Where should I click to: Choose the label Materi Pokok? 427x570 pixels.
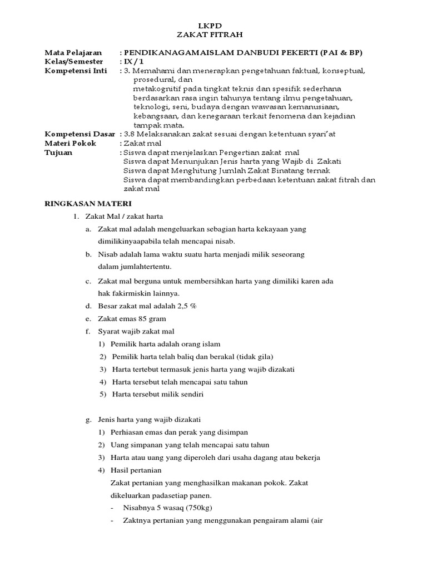point(70,143)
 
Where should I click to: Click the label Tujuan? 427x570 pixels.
point(58,152)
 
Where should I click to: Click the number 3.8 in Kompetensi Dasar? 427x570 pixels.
point(131,134)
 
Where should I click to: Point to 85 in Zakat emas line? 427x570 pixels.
point(137,319)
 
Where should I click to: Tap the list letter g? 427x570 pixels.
point(88,419)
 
